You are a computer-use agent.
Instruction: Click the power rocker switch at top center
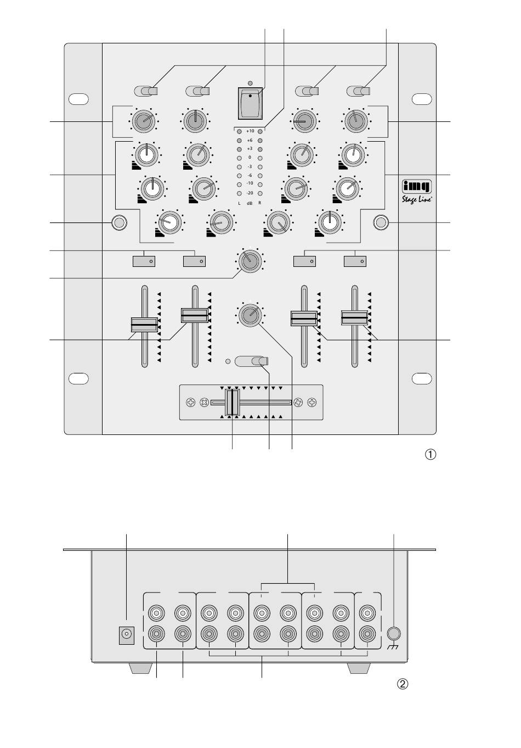[250, 103]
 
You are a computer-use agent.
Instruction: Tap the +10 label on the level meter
[250, 131]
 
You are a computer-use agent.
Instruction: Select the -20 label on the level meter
[250, 193]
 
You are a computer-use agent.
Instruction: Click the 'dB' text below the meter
[250, 203]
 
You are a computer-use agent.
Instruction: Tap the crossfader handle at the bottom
[233, 403]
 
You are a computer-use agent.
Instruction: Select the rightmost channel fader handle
[354, 317]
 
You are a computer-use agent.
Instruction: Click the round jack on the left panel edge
[118, 222]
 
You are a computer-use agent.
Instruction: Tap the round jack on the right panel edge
[381, 222]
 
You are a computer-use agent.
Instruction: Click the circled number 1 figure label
[431, 454]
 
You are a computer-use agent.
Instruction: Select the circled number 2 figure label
[403, 684]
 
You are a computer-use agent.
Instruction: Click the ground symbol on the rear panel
[393, 648]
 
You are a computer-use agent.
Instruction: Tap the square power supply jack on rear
[127, 635]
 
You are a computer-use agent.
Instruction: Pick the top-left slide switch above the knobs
[146, 91]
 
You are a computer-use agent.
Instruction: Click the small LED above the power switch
[250, 83]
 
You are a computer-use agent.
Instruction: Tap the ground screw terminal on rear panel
[393, 633]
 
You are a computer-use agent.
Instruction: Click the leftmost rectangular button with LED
[144, 261]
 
